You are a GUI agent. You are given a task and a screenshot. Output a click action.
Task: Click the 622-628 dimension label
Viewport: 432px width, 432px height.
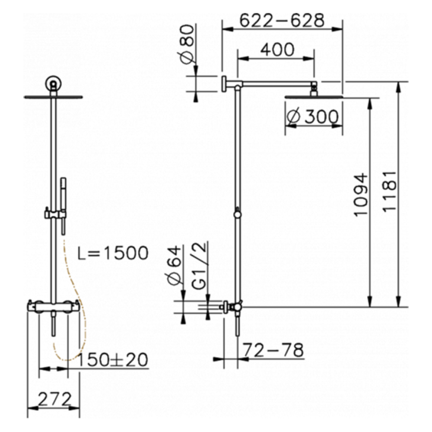[282, 20]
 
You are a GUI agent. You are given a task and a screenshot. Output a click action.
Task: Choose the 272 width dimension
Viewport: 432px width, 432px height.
[54, 399]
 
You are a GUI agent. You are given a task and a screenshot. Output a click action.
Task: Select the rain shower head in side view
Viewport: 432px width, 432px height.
[313, 95]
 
